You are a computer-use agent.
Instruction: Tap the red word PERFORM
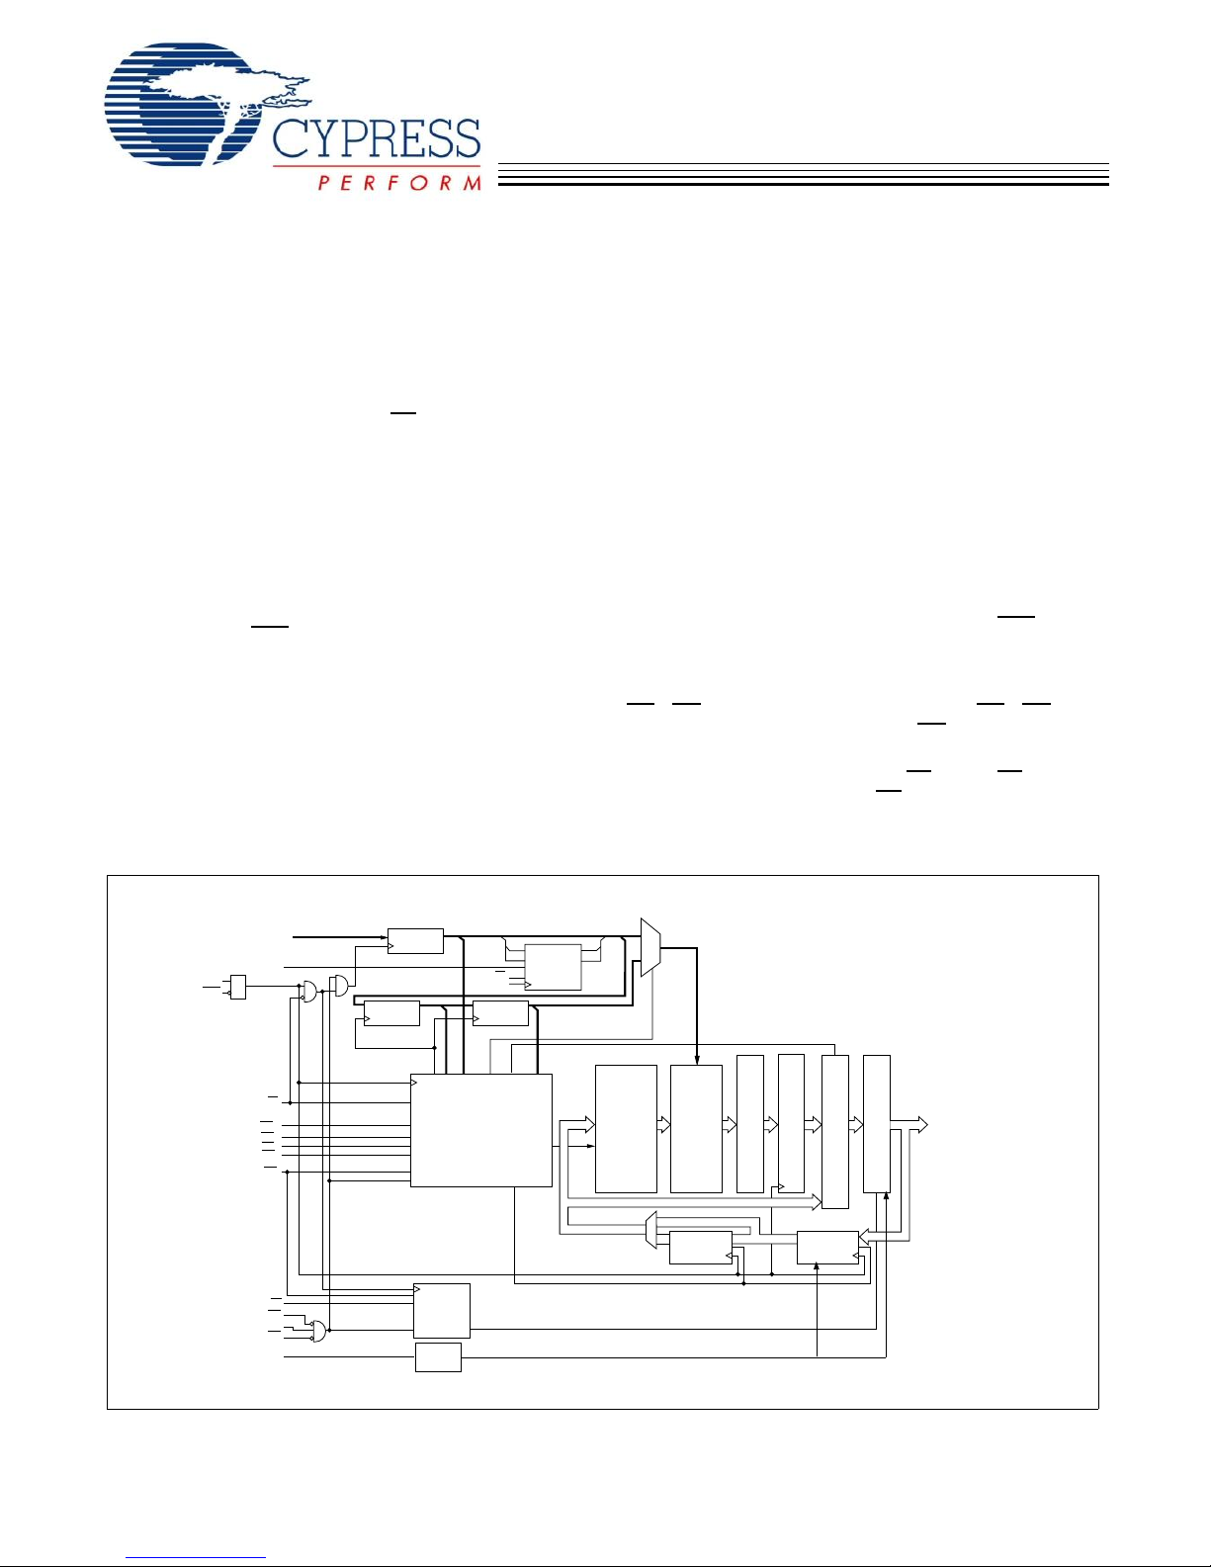[x=399, y=183]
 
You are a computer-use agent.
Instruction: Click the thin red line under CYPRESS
[x=376, y=166]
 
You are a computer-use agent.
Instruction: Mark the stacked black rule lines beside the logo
[x=803, y=175]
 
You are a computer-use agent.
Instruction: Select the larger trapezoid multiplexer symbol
[x=650, y=947]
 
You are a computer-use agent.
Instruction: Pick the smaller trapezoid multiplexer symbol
[x=650, y=1231]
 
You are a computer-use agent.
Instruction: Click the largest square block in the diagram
[x=480, y=1130]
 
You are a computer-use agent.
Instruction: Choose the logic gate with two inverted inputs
[x=317, y=1331]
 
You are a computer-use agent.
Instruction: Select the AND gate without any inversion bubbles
[x=340, y=986]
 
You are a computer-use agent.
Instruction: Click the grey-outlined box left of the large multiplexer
[x=553, y=967]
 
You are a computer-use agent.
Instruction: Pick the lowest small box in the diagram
[x=438, y=1357]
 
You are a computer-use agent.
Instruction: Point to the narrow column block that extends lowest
[x=835, y=1132]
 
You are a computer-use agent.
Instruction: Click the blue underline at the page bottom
[x=196, y=1557]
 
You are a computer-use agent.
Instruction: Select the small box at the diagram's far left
[x=237, y=987]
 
